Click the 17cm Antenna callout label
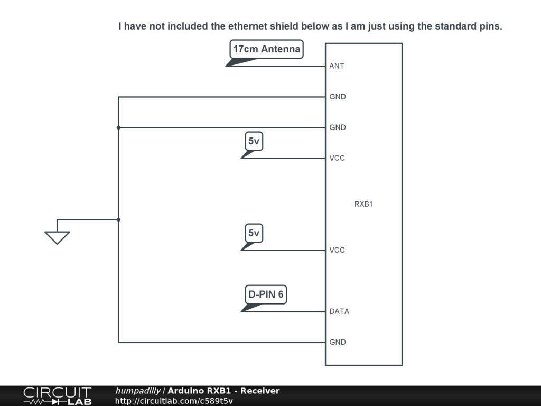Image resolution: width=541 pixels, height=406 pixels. tap(266, 50)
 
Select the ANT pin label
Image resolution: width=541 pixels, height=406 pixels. tap(337, 66)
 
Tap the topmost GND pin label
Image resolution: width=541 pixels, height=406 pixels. tap(338, 97)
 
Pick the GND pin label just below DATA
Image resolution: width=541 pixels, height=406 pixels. tap(338, 342)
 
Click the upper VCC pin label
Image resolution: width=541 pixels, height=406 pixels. tap(337, 158)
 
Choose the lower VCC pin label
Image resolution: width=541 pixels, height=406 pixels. tap(337, 250)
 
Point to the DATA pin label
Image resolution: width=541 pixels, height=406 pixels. tap(339, 311)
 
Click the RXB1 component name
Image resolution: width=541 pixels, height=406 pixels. tap(363, 204)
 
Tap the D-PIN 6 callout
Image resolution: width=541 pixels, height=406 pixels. tap(266, 294)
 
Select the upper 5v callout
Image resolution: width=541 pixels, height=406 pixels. tap(254, 141)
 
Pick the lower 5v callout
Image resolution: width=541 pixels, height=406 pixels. tap(254, 233)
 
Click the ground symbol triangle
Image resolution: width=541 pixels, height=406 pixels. tap(57, 237)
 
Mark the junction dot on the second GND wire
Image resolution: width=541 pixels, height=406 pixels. tap(118, 127)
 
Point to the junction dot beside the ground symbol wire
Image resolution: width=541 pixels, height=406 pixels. tap(118, 219)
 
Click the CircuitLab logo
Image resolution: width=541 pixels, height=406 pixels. tap(57, 395)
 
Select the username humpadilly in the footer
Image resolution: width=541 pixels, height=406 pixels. tap(138, 391)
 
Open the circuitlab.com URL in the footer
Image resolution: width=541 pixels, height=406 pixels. tap(174, 401)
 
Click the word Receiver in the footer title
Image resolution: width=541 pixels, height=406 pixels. tap(260, 391)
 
